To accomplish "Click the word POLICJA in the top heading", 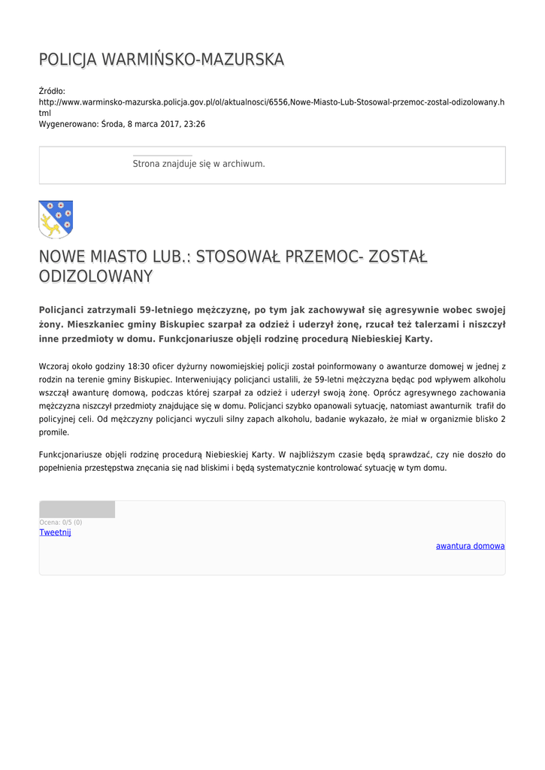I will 67,59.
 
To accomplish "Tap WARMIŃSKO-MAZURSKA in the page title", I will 192,59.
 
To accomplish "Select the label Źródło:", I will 52,91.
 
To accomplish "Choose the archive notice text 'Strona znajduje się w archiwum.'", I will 198,163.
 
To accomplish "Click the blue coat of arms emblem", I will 56,219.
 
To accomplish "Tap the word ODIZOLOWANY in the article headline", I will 95,277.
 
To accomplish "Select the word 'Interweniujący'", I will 204,380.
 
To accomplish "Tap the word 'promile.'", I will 54,432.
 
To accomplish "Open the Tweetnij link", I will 55,532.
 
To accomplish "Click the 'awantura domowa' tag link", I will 470,546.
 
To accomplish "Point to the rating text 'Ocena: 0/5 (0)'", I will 61,522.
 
